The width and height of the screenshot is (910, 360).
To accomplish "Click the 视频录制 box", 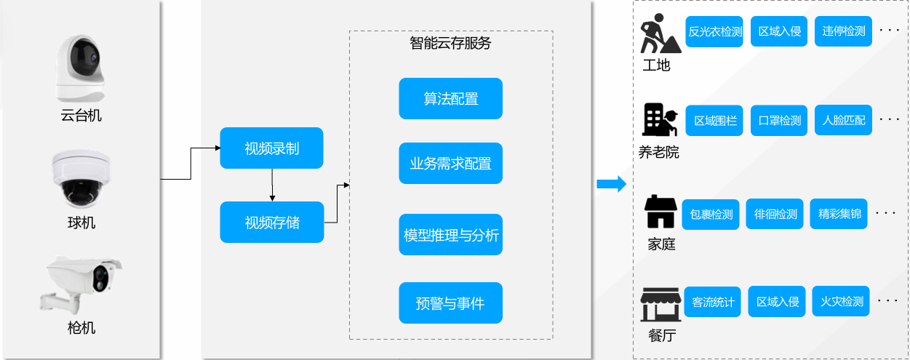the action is [272, 148].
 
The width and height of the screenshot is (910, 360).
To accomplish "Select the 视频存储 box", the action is [272, 223].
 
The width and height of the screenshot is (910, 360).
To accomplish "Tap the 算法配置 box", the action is [450, 98].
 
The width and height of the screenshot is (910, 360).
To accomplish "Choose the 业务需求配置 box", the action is [450, 164].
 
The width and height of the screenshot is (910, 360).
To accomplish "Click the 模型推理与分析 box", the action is [450, 235].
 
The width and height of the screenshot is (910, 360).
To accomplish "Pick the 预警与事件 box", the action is [450, 303].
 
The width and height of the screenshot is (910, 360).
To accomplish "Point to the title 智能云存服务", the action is [450, 43].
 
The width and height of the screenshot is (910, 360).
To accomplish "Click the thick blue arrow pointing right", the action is [612, 184].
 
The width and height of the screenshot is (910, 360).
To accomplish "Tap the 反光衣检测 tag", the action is [714, 32].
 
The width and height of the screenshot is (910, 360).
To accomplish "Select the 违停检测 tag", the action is [843, 31].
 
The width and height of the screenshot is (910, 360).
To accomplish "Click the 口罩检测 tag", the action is [779, 121].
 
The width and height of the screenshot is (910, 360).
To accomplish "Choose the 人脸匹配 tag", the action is [843, 120].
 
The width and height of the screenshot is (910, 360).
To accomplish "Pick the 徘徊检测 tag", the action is [774, 214].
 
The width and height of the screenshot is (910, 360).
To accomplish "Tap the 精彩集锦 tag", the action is [839, 214].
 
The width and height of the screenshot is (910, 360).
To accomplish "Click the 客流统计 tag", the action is [713, 302].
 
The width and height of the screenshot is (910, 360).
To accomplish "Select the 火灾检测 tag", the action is [841, 302].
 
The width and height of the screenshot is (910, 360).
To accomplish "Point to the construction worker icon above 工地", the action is [660, 33].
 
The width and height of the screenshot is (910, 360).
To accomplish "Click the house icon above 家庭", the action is [660, 212].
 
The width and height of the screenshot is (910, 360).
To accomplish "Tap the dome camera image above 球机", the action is [81, 179].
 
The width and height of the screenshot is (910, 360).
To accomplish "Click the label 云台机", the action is [81, 116].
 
